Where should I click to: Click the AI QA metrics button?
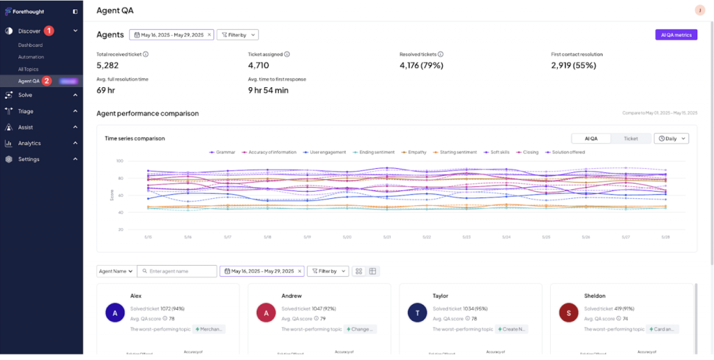pyautogui.click(x=676, y=34)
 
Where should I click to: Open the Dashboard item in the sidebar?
pyautogui.click(x=31, y=45)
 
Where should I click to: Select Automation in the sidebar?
pyautogui.click(x=31, y=57)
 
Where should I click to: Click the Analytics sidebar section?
pyautogui.click(x=29, y=143)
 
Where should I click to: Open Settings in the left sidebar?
pyautogui.click(x=29, y=159)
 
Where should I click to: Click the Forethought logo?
pyautogui.click(x=25, y=12)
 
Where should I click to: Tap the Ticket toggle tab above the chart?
pyautogui.click(x=630, y=139)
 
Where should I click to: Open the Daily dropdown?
pyautogui.click(x=671, y=139)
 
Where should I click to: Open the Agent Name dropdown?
pyautogui.click(x=115, y=271)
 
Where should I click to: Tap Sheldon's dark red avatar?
pyautogui.click(x=569, y=313)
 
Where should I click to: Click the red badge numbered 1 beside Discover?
pyautogui.click(x=50, y=31)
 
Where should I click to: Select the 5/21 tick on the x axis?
pyautogui.click(x=387, y=237)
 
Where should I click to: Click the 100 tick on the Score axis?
pyautogui.click(x=119, y=161)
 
